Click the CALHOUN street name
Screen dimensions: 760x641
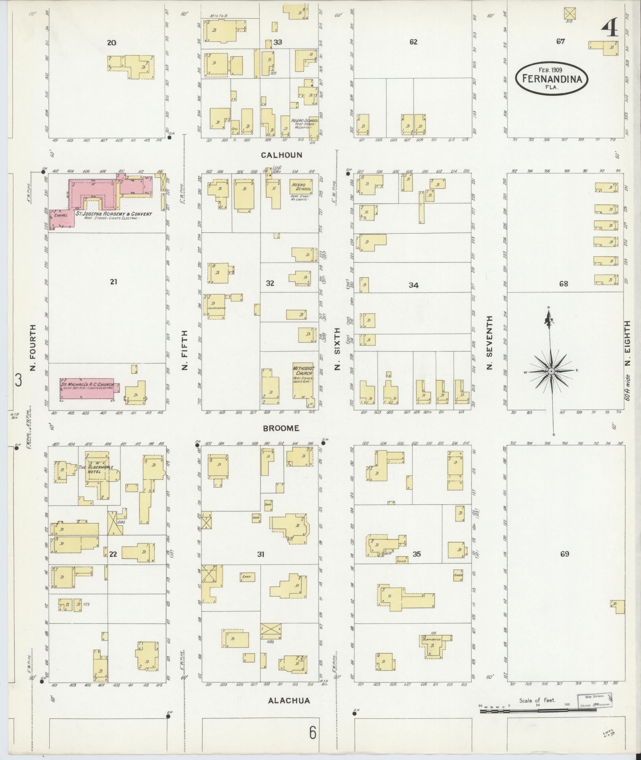(281, 155)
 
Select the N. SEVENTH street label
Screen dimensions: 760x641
(489, 342)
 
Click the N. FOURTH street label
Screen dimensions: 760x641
(33, 348)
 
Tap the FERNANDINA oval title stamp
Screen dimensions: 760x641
(552, 79)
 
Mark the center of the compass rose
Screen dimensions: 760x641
(552, 371)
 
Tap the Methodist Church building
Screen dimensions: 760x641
(303, 380)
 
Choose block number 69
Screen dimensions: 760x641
(564, 554)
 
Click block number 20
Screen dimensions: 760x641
(112, 42)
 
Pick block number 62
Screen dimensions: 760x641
(413, 42)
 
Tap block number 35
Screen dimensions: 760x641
(416, 554)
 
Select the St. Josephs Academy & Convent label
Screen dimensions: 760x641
(114, 214)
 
